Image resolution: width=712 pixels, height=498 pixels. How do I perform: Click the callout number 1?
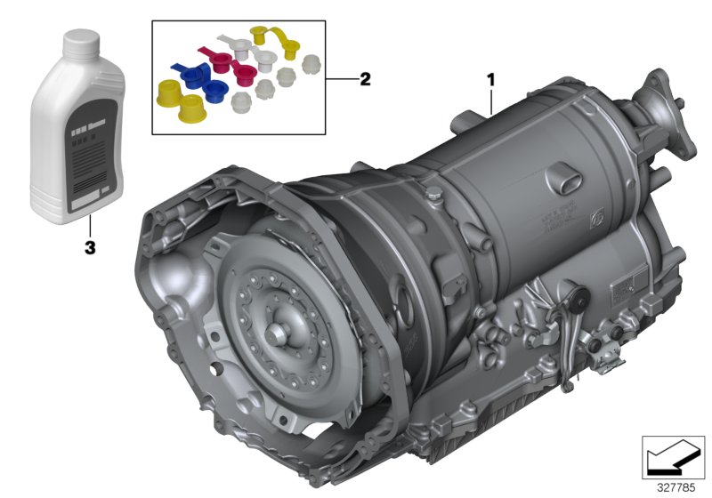489,80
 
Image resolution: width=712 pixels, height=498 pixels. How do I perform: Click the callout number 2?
364,79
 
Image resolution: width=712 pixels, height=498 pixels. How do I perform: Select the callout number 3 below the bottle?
89,248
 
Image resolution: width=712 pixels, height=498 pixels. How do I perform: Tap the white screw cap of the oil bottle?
81,41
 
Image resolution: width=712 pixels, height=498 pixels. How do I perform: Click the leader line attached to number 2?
341,79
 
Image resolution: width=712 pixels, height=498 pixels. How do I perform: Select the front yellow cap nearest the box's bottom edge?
192,108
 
